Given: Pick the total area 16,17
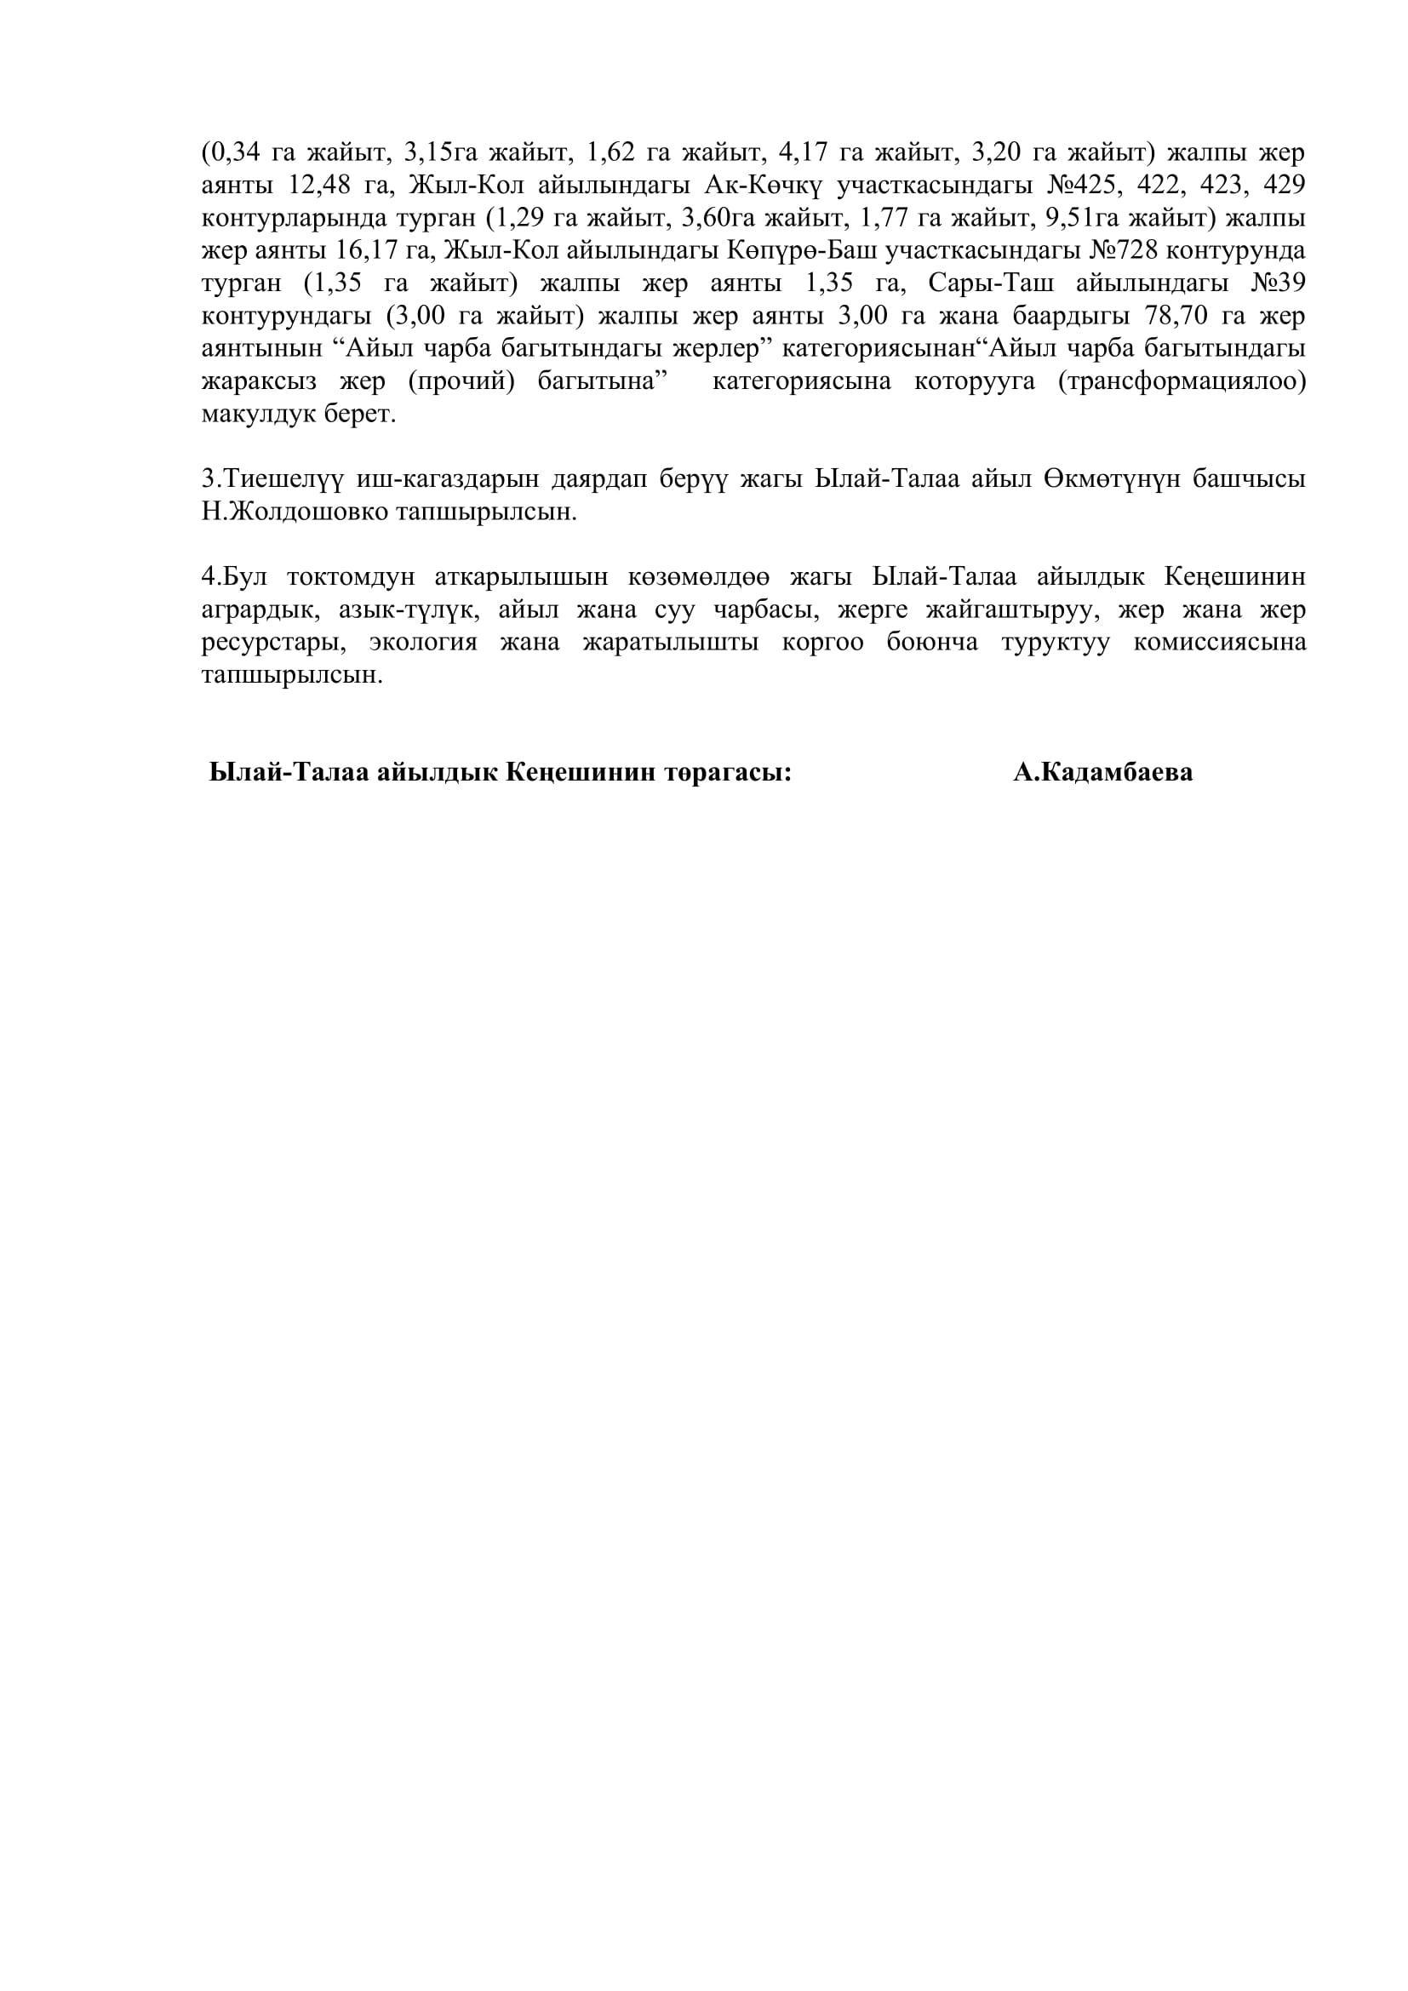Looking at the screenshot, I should click(369, 251).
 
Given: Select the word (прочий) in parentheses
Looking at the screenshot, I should click(461, 382).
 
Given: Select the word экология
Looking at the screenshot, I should click(423, 644).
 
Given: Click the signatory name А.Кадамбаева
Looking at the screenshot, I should click(1102, 773).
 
